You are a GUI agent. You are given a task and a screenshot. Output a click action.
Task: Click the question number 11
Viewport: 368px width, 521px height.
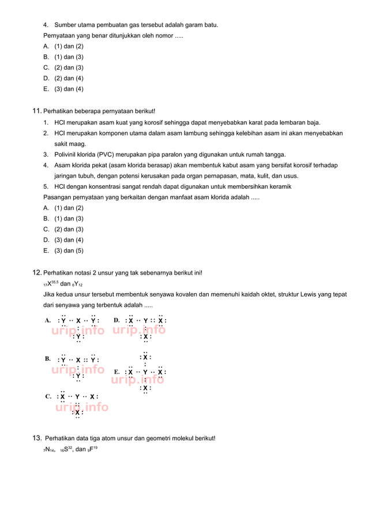[x=36, y=111]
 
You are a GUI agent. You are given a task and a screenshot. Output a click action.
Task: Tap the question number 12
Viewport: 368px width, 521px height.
[x=36, y=272]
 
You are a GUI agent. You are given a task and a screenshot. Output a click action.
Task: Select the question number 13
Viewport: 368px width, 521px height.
[x=36, y=438]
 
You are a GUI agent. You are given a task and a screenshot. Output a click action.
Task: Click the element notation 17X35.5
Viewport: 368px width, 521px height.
[x=51, y=284]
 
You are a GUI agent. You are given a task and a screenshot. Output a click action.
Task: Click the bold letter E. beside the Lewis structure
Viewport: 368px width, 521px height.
[x=117, y=372]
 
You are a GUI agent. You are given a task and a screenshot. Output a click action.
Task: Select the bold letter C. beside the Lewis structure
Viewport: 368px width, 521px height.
[x=48, y=397]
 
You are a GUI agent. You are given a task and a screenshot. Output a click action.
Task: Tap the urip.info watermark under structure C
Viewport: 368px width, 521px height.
[x=81, y=407]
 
